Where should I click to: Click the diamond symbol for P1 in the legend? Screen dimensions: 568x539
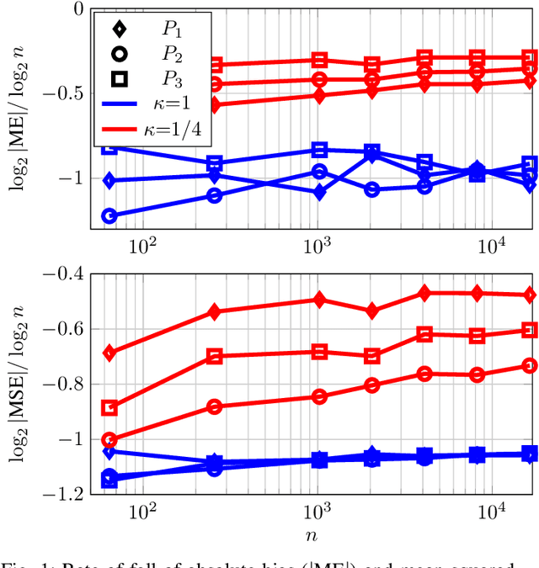point(120,29)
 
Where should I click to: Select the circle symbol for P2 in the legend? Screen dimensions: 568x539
point(120,55)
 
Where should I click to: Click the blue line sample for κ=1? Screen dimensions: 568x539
point(120,104)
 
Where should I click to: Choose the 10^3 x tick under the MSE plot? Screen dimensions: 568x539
point(317,512)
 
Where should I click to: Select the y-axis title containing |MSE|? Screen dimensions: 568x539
point(19,383)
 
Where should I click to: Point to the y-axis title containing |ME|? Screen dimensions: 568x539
point(19,118)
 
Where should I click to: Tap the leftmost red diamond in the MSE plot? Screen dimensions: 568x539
point(109,353)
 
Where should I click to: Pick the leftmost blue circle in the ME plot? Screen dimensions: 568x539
point(109,216)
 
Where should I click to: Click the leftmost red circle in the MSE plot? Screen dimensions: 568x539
point(109,440)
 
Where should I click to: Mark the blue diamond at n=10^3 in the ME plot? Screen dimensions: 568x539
point(319,192)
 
